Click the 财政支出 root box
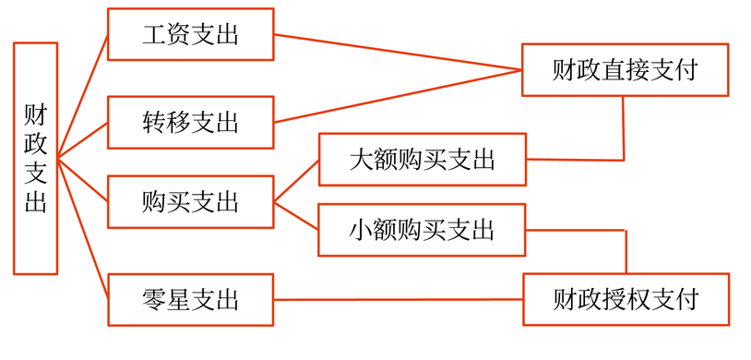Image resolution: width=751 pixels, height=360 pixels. click(x=35, y=158)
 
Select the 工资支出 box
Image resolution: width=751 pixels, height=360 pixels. click(x=191, y=35)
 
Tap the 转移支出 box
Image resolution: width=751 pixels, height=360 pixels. click(x=191, y=122)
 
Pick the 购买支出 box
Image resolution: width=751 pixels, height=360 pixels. click(x=191, y=201)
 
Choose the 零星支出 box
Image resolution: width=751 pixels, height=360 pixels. click(x=191, y=300)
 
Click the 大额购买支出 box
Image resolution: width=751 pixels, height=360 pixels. click(x=423, y=159)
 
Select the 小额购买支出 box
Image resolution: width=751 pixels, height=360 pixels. click(x=423, y=229)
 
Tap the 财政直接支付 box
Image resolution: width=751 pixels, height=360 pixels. click(x=625, y=69)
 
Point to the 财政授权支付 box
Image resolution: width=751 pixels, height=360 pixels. click(x=626, y=299)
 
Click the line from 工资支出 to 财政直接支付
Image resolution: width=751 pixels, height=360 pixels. click(x=397, y=53)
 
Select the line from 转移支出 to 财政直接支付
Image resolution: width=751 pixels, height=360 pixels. click(x=397, y=96)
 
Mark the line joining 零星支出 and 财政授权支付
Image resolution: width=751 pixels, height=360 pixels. click(x=397, y=300)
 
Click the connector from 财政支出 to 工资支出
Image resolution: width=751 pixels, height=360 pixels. click(x=83, y=97)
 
